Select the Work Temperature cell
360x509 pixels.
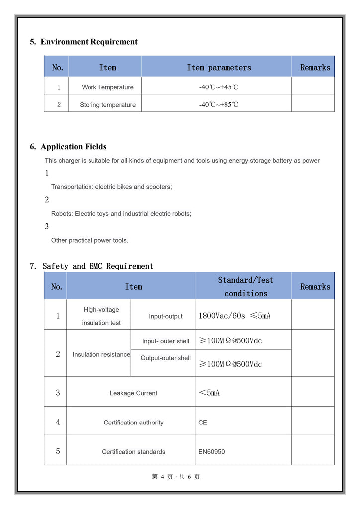107,87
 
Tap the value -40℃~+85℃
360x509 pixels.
218,105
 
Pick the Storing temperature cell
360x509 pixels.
107,105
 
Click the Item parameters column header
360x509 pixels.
219,68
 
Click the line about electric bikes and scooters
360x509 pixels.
111,187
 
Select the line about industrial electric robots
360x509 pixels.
121,214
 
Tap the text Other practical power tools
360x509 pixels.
90,240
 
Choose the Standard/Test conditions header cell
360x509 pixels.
246,287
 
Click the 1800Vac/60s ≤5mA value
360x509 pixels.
235,316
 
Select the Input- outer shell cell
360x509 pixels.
166,341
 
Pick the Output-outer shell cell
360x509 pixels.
166,358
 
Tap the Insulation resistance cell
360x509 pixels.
101,355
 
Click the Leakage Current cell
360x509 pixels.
133,393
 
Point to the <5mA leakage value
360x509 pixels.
209,393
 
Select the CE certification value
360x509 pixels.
203,423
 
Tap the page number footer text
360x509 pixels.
176,477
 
